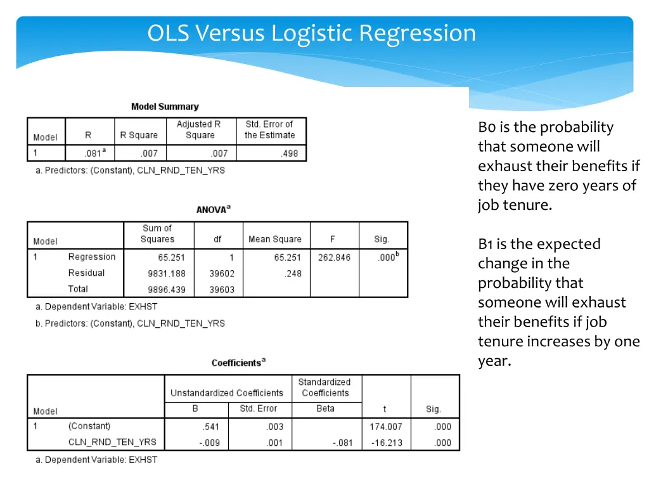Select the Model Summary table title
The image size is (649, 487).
[165, 107]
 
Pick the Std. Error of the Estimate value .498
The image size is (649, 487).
[289, 153]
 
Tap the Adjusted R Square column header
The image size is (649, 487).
[200, 130]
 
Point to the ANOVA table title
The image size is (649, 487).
[213, 209]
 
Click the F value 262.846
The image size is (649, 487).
[334, 257]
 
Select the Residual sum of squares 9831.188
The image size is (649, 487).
[167, 273]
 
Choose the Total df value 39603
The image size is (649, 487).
[222, 289]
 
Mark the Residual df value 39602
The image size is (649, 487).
[222, 273]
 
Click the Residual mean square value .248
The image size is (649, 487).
[293, 273]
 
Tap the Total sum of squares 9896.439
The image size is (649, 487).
[167, 289]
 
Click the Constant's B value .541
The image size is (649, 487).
[211, 427]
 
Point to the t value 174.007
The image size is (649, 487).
[385, 427]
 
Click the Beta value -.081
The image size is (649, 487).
[342, 443]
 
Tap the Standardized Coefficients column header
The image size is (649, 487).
[325, 387]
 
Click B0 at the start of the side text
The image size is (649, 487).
[487, 127]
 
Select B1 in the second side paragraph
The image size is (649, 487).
[485, 244]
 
